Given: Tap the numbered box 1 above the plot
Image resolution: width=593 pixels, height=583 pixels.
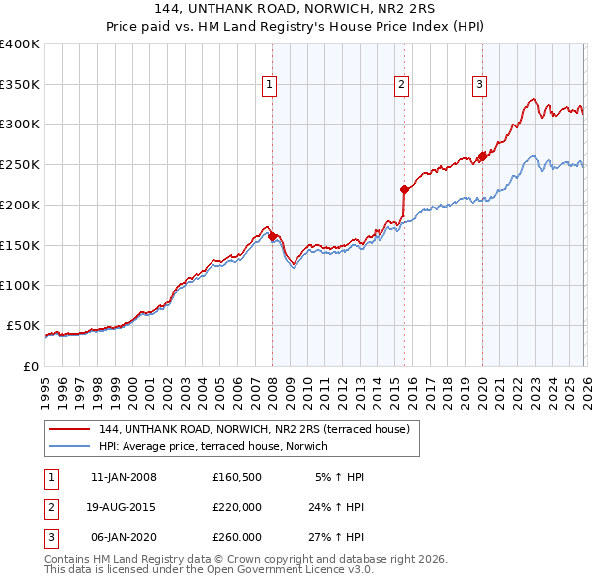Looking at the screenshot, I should click(269, 86).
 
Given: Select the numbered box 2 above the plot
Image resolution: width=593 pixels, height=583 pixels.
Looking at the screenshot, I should click(402, 86).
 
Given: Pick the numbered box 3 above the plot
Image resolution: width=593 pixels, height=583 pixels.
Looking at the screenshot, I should click(479, 86).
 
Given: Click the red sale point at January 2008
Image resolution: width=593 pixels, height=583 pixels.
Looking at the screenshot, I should click(272, 236).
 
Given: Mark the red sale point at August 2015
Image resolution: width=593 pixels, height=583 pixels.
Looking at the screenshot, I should click(404, 188).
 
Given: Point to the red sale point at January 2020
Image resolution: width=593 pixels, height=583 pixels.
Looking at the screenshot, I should click(482, 156).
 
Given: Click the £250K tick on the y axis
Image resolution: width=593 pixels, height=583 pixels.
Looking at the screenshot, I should click(20, 164).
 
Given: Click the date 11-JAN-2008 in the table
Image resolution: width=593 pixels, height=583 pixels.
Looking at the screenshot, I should click(124, 477).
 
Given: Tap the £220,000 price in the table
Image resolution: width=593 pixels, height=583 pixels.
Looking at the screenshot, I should click(237, 507).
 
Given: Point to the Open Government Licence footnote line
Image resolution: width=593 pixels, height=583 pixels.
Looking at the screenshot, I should click(210, 570).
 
